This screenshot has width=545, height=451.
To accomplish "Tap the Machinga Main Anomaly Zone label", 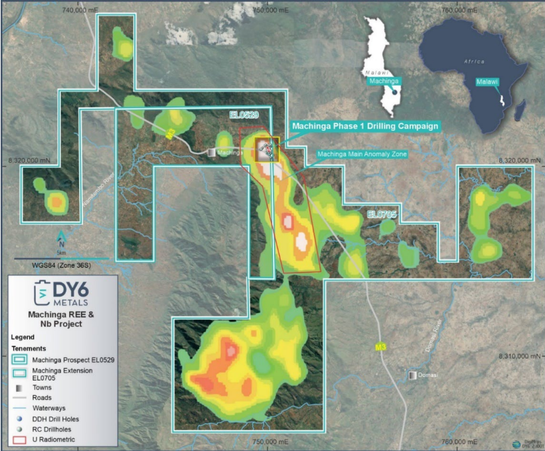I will (x=362, y=154).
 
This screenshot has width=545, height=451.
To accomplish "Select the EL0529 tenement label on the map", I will (x=244, y=115).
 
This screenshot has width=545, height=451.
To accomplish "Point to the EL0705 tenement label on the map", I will (x=382, y=214).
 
